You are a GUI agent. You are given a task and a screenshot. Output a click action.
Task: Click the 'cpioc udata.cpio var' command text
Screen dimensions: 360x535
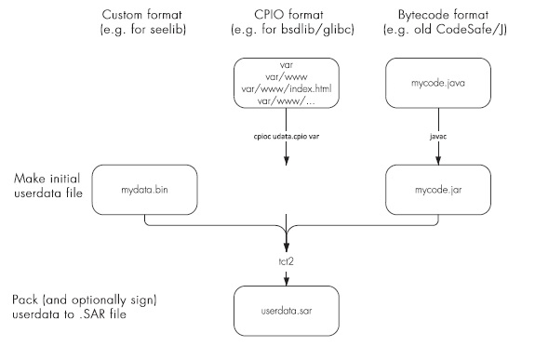pyautogui.click(x=286, y=136)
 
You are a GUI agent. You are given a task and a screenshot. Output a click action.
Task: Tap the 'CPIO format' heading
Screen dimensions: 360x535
pyautogui.click(x=287, y=16)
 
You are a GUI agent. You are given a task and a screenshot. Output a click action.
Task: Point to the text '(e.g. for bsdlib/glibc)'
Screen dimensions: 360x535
pyautogui.click(x=287, y=33)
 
